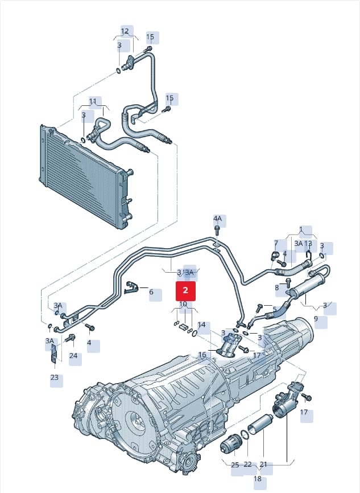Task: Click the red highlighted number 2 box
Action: click(185, 291)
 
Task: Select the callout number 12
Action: click(125, 31)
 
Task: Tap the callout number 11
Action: click(93, 101)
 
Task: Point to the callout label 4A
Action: click(217, 219)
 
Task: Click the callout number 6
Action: click(151, 292)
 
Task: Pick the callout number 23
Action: click(55, 377)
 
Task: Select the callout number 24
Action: click(73, 356)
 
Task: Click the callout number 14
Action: click(201, 324)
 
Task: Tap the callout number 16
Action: click(202, 355)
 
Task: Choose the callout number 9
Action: click(316, 319)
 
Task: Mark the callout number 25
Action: click(235, 465)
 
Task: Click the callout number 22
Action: click(248, 465)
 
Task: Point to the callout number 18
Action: click(258, 479)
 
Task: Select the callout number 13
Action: click(308, 243)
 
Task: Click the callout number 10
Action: click(183, 304)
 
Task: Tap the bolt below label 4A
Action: click(217, 230)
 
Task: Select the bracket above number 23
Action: click(53, 354)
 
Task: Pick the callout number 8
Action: click(277, 287)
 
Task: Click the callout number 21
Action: click(263, 465)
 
